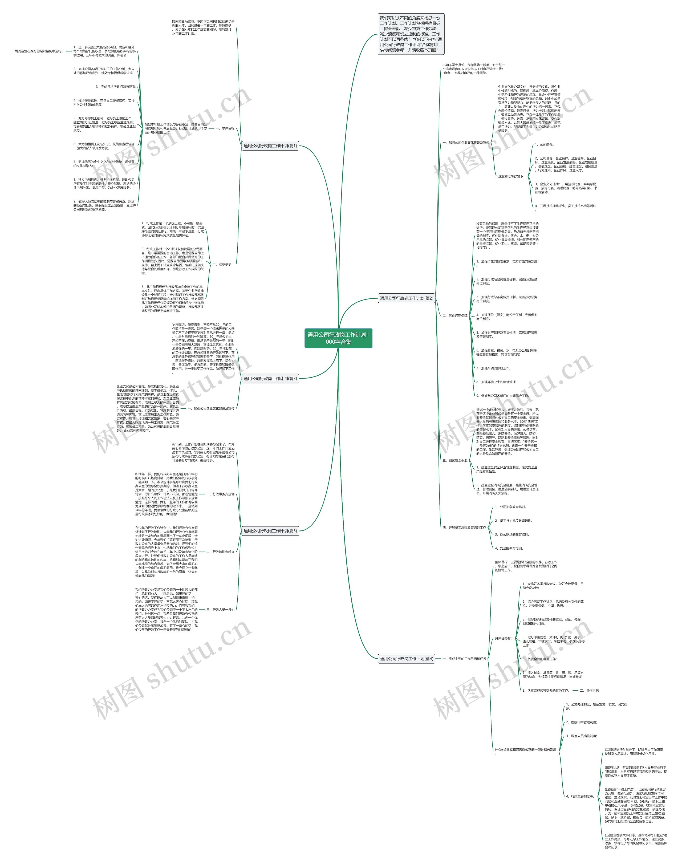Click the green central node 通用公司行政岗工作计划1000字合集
tap(338, 338)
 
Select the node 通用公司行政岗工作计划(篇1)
tap(270, 146)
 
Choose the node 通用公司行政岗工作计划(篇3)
tap(270, 379)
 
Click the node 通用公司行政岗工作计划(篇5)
tap(270, 531)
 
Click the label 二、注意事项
tap(222, 264)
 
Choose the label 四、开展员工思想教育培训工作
tap(464, 528)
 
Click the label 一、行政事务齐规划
tap(220, 494)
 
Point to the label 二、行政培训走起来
tap(220, 552)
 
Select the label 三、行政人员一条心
tap(220, 610)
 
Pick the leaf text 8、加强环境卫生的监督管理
tap(496, 382)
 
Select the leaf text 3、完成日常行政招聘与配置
tap(116, 87)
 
